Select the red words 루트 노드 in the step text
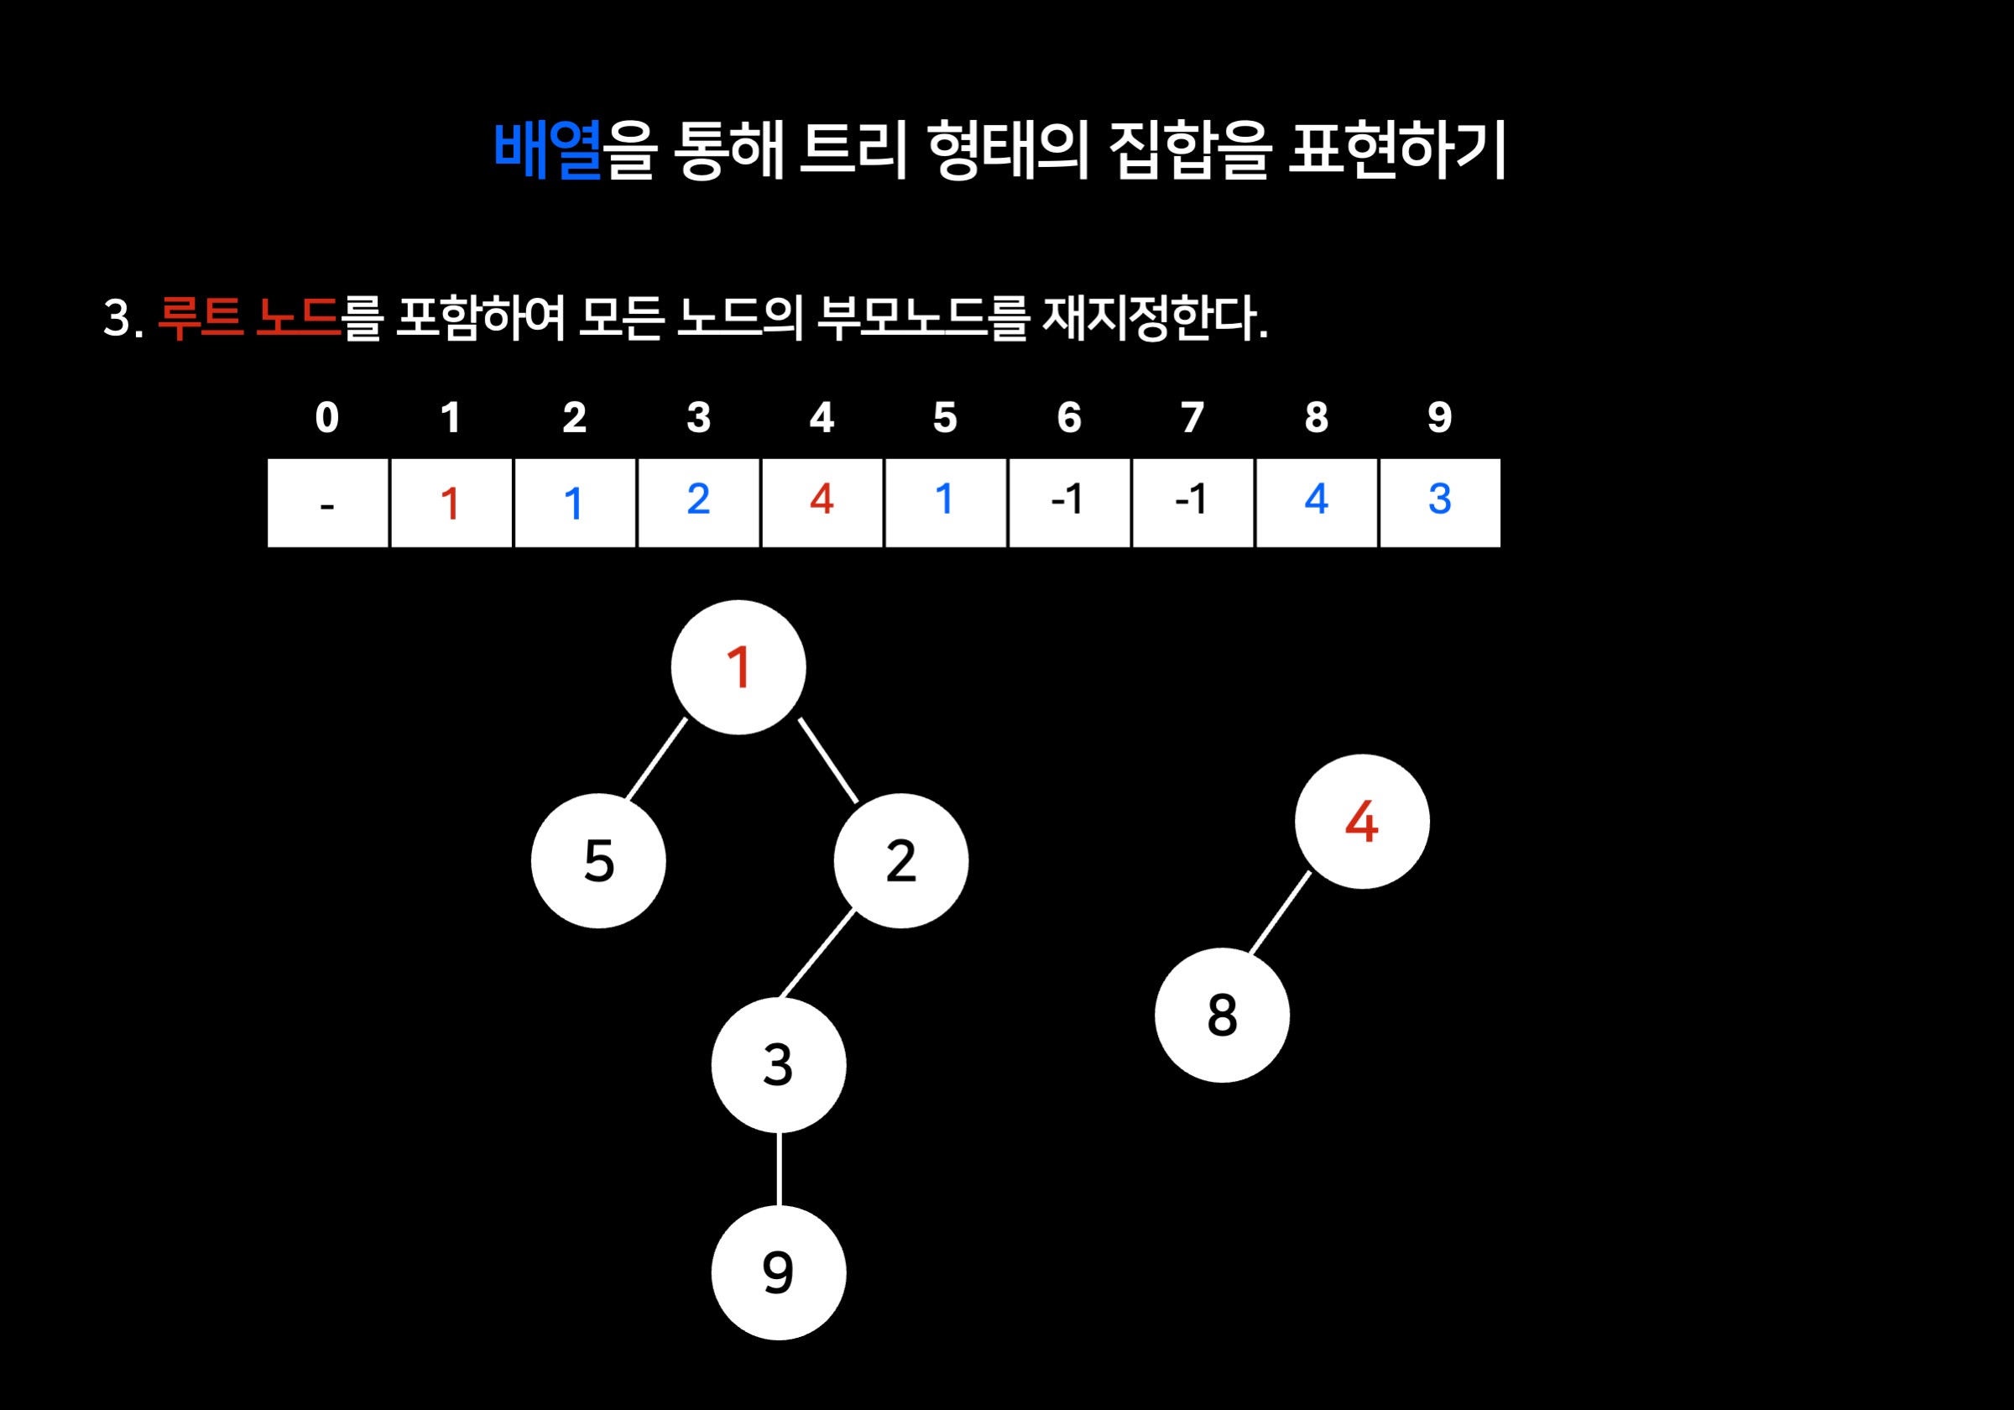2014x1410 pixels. [248, 316]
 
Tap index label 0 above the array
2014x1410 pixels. [327, 418]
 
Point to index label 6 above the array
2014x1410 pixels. [1068, 418]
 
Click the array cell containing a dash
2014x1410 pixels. [327, 503]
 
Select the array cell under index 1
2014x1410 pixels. [451, 503]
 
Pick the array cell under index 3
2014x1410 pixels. [698, 503]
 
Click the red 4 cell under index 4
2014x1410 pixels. [822, 503]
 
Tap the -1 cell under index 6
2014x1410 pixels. [1068, 503]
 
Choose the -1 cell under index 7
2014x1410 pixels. [1192, 503]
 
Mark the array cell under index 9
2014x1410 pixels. [1439, 503]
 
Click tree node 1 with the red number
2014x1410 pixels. [738, 668]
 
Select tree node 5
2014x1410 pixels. [598, 861]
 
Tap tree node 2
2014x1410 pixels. [901, 861]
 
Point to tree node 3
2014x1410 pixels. [778, 1065]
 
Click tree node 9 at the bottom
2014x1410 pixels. [778, 1272]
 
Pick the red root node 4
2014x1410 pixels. [1361, 822]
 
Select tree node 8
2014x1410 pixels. [1222, 1016]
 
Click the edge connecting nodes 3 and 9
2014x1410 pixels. [779, 1169]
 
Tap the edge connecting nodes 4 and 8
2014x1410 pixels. [1280, 912]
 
